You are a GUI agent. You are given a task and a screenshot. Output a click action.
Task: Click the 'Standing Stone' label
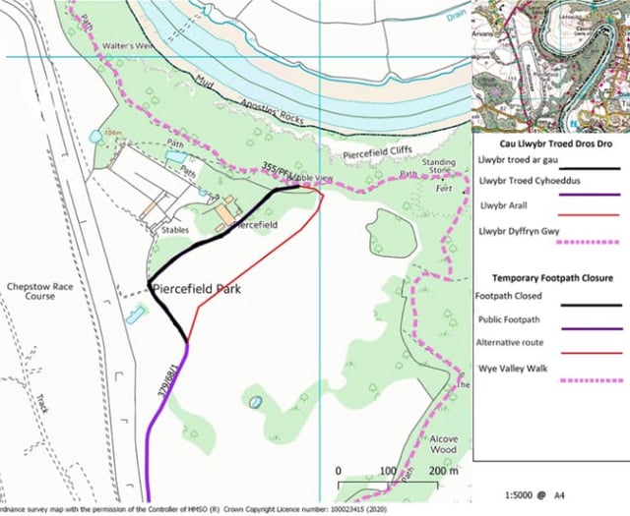(439, 168)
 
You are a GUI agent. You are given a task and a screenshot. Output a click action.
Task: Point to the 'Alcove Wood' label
(443, 445)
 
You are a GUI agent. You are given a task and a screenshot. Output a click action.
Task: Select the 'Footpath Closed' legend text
(512, 296)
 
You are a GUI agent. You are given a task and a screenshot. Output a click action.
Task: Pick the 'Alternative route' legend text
(515, 343)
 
